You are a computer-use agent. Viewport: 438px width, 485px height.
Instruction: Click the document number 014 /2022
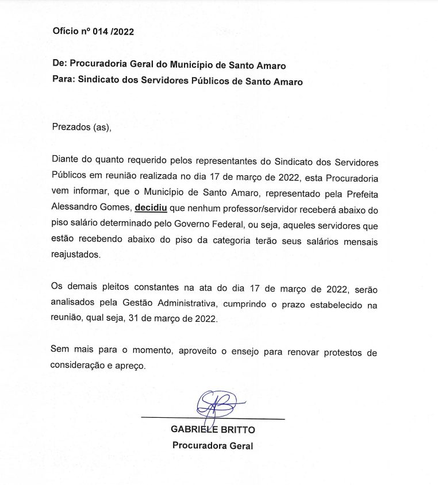pos(115,32)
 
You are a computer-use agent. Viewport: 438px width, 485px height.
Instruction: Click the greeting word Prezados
pos(71,127)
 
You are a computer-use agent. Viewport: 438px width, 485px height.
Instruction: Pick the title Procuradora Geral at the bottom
pos(213,445)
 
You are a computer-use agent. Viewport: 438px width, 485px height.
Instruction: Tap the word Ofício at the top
pos(66,32)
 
